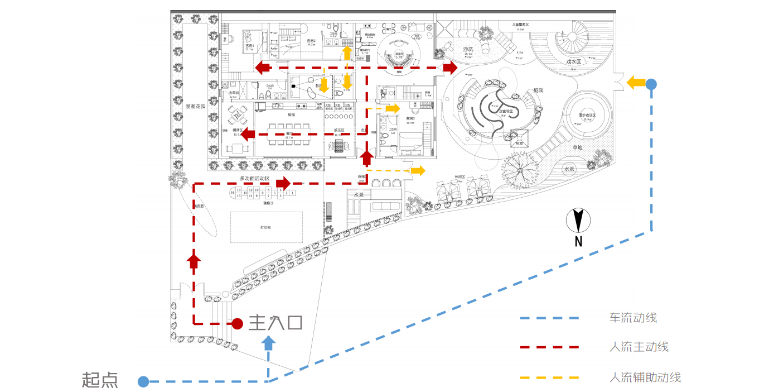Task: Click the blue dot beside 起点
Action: click(x=143, y=381)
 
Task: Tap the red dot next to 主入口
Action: click(x=237, y=323)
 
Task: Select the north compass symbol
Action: click(x=578, y=221)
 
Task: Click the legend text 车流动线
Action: click(x=633, y=318)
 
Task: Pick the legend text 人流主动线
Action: click(x=639, y=347)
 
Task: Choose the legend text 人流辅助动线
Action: click(x=645, y=377)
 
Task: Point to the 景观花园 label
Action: click(x=196, y=106)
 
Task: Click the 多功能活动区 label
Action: click(x=255, y=179)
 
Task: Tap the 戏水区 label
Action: click(x=574, y=61)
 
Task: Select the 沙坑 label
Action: click(x=468, y=50)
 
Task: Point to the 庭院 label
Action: click(x=538, y=90)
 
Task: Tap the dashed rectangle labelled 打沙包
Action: click(x=267, y=227)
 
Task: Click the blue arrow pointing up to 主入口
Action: click(x=269, y=341)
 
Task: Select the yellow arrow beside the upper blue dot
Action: click(x=634, y=83)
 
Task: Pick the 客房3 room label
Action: click(x=410, y=119)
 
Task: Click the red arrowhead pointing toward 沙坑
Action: click(x=449, y=68)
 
